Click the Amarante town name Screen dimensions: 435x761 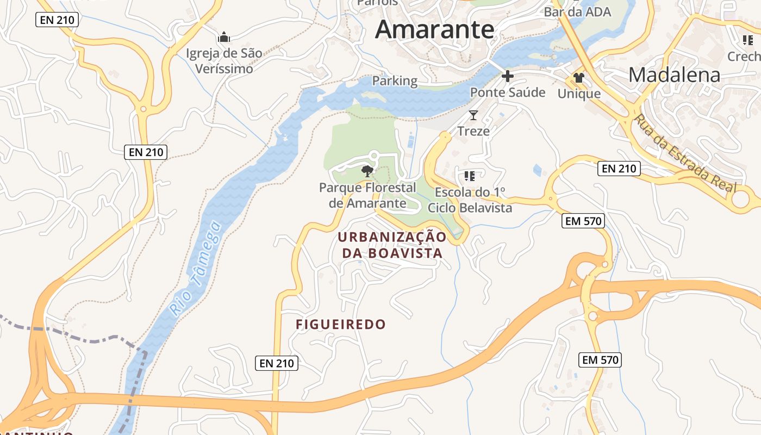[435, 29]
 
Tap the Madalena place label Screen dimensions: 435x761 [675, 75]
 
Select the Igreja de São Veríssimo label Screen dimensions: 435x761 [224, 61]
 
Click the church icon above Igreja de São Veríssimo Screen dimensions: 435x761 [224, 38]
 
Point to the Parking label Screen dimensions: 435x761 [395, 81]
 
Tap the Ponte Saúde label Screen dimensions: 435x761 [508, 92]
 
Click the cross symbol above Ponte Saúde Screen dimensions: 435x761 [507, 76]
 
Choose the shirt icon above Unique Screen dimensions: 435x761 [579, 78]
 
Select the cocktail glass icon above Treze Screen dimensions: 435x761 [473, 115]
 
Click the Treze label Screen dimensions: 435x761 [473, 131]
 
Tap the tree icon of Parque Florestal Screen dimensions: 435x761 [367, 171]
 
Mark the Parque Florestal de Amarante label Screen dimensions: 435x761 [367, 195]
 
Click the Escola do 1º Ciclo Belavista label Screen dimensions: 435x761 [470, 200]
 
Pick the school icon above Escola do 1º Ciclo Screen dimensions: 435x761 [470, 176]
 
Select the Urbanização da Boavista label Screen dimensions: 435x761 [392, 245]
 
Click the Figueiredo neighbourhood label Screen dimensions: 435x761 [341, 325]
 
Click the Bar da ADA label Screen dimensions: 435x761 [577, 12]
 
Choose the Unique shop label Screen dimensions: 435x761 [579, 94]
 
